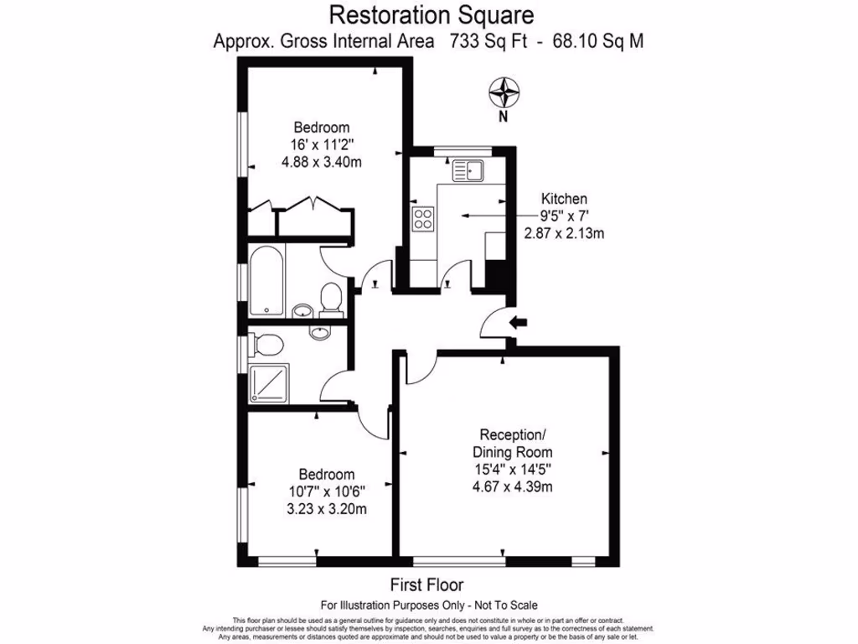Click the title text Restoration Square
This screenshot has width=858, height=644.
click(431, 14)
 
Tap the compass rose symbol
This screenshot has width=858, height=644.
click(503, 90)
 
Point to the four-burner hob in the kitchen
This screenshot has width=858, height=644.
click(423, 219)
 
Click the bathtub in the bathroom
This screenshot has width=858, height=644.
click(266, 281)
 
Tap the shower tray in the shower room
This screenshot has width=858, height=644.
click(269, 383)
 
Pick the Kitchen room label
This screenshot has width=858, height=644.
click(563, 199)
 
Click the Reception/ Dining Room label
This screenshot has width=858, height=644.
click(512, 443)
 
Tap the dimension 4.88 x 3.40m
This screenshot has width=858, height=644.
click(321, 162)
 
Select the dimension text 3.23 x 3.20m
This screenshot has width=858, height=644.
click(327, 508)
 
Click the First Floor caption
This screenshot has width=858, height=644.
click(427, 584)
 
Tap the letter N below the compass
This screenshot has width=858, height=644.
click(503, 117)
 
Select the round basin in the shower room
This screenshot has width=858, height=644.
click(319, 333)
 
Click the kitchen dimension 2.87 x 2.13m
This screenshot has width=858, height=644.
click(563, 234)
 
